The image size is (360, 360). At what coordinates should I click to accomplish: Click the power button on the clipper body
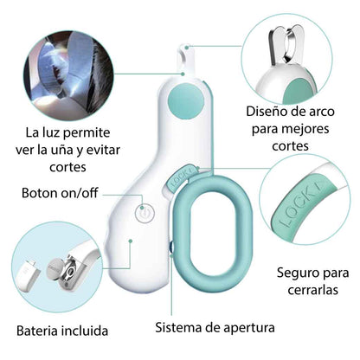tap(145, 214)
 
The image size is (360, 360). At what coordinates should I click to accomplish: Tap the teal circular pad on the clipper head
tap(186, 100)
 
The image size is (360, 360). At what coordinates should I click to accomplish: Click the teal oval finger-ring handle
tap(214, 233)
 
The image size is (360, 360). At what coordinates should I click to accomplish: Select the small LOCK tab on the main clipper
tap(183, 178)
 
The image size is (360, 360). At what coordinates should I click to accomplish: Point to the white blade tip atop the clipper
tap(185, 59)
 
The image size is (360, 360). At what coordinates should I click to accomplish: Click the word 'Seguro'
tap(295, 273)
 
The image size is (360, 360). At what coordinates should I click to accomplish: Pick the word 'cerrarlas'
tap(312, 290)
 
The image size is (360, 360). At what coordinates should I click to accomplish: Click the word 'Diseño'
tap(267, 112)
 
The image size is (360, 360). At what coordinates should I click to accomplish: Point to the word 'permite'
tap(87, 133)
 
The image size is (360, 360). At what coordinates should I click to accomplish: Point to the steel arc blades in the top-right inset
tap(286, 45)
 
